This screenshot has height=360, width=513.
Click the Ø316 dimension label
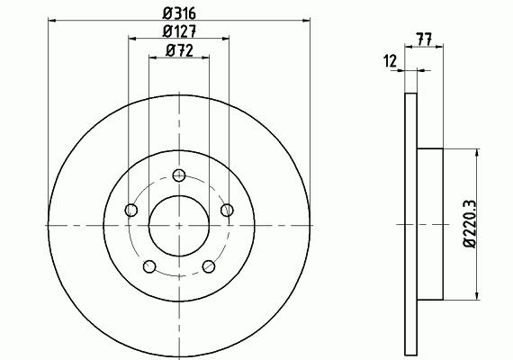pyautogui.click(x=179, y=13)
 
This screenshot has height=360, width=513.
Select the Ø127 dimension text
pyautogui.click(x=179, y=31)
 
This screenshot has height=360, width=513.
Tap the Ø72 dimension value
pyautogui.click(x=179, y=50)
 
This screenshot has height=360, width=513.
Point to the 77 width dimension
pyautogui.click(x=424, y=39)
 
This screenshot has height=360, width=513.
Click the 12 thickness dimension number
pyautogui.click(x=390, y=61)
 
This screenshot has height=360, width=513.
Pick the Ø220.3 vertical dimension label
pyautogui.click(x=469, y=224)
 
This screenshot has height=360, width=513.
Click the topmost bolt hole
pyautogui.click(x=179, y=175)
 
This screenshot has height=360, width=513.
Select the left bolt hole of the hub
pyautogui.click(x=131, y=210)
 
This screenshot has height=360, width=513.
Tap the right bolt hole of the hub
pyautogui.click(x=227, y=210)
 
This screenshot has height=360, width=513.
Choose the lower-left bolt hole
pyautogui.click(x=149, y=266)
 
